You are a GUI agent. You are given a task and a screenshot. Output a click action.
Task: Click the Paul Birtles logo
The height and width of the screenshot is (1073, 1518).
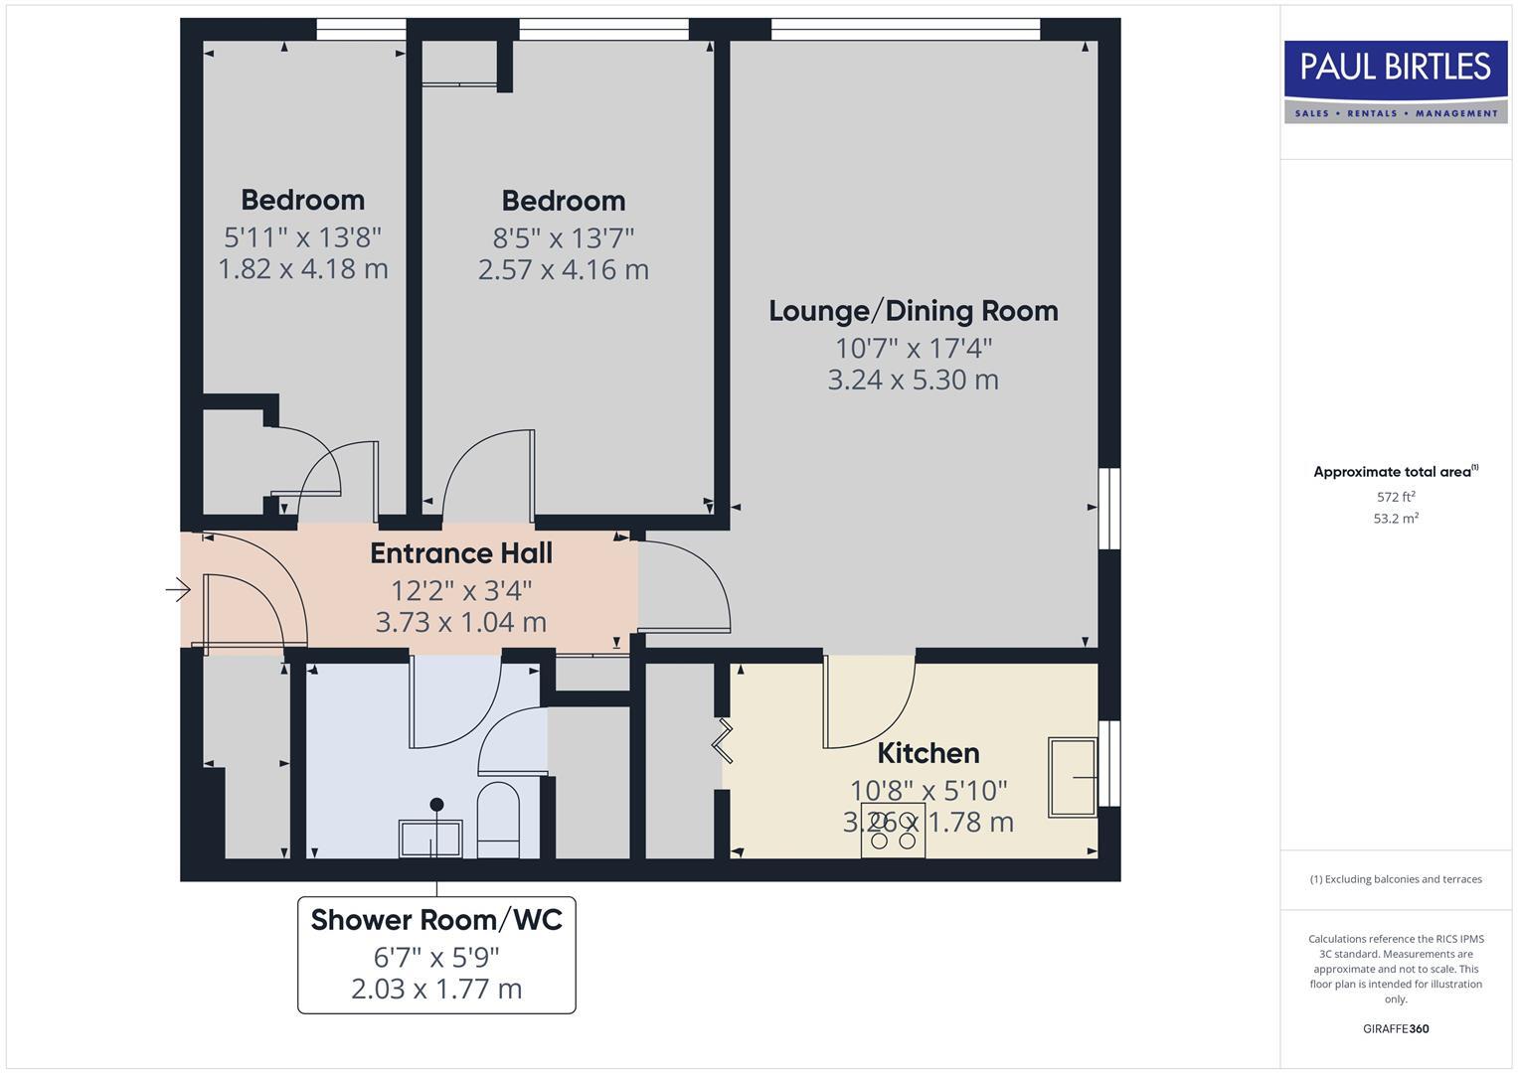(x=1395, y=80)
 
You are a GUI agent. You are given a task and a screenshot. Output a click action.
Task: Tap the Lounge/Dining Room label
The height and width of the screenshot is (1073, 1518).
(x=913, y=311)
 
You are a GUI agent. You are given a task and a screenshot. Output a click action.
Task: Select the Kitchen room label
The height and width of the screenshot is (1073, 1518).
(x=928, y=753)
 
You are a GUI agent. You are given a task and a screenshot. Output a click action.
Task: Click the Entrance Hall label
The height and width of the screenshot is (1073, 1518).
(x=461, y=553)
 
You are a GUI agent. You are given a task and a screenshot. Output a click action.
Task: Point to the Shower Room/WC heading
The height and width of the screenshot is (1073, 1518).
(x=436, y=920)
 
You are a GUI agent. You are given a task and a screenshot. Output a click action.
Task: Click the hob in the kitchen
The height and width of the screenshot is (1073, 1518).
(x=893, y=831)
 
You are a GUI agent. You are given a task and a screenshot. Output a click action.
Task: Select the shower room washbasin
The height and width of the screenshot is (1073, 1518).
(x=430, y=839)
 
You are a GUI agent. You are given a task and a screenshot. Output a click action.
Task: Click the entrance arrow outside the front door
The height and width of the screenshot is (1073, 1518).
(x=178, y=590)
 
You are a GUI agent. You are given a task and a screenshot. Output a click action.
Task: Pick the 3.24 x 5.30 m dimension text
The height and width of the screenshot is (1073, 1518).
(x=913, y=380)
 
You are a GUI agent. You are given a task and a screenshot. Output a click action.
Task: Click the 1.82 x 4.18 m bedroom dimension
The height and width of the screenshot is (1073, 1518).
(x=302, y=269)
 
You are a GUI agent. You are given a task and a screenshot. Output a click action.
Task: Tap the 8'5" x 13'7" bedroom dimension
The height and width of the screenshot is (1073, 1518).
(x=564, y=238)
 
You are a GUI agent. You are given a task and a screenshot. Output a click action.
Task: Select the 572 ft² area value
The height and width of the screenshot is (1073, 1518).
(x=1396, y=497)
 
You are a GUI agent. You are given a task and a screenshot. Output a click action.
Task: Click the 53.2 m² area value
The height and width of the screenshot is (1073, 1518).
(x=1396, y=519)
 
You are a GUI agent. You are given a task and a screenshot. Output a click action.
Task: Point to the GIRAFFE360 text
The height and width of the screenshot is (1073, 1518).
(x=1396, y=1029)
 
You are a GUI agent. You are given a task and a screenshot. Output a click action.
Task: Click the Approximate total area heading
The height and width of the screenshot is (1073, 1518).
(x=1395, y=472)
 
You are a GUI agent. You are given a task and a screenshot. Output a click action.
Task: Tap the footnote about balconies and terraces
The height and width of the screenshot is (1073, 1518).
(x=1396, y=879)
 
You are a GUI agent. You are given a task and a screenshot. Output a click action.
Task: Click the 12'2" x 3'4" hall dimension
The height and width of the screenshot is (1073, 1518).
(x=461, y=591)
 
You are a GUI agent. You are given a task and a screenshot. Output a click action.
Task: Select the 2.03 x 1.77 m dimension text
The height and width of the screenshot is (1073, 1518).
(x=436, y=989)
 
